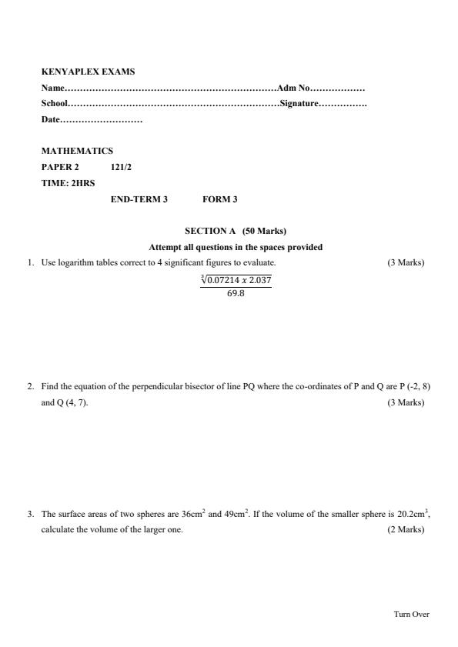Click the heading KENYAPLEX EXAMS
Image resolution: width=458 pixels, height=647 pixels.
[x=88, y=72]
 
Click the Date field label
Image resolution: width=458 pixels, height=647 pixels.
[x=50, y=119]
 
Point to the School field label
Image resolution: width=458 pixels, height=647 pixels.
[x=55, y=104]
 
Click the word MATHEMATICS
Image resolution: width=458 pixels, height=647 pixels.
[x=77, y=151]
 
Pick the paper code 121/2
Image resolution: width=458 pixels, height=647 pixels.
[x=121, y=166]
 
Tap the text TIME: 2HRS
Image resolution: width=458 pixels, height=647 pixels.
[x=69, y=183]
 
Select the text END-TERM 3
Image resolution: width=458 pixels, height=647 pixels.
[x=139, y=199]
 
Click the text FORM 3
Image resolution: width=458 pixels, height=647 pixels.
[x=220, y=199]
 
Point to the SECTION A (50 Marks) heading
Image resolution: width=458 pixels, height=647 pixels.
[x=236, y=231]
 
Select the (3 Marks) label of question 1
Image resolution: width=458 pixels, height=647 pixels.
[x=406, y=263]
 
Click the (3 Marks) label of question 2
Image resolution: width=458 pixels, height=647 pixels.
[x=406, y=402]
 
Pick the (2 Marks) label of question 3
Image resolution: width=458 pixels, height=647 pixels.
[x=406, y=530]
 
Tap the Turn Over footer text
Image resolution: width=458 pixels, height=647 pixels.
[x=411, y=614]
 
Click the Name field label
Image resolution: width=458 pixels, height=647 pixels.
[x=53, y=88]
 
